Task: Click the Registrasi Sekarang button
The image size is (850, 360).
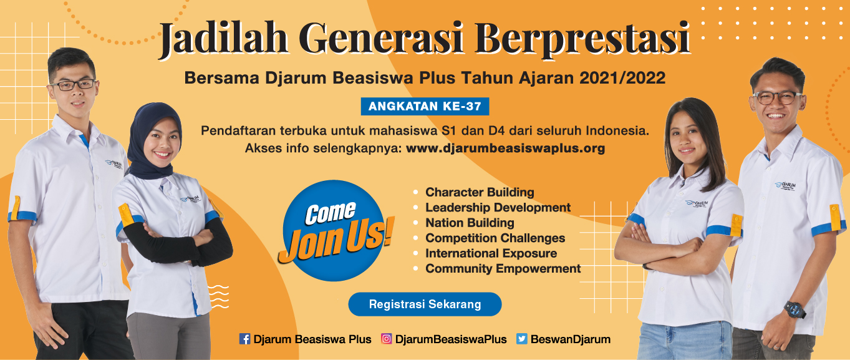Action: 425,304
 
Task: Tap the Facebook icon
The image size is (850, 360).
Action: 244,339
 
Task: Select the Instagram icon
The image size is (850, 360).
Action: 387,339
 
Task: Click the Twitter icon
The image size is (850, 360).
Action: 522,339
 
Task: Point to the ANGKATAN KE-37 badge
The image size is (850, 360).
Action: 425,107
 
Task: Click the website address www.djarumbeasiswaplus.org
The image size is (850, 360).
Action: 505,149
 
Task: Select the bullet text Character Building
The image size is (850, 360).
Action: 480,192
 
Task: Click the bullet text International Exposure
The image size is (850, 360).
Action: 491,253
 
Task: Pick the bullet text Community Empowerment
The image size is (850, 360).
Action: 503,269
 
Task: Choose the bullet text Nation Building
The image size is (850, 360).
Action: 470,223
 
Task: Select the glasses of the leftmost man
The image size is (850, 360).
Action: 74,84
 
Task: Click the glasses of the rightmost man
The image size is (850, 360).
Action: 777,97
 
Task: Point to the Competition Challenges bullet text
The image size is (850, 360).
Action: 495,238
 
